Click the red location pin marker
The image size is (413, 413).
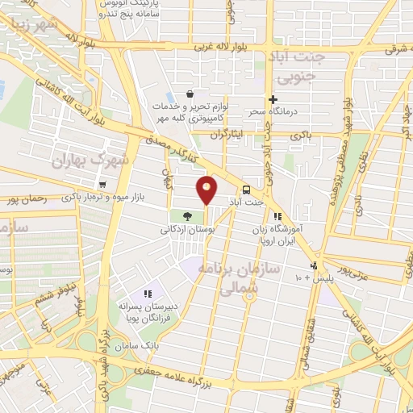(x=207, y=189)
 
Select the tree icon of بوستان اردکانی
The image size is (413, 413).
(x=187, y=216)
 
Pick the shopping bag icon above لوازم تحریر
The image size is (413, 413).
(x=189, y=94)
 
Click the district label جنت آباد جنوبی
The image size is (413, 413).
(x=299, y=69)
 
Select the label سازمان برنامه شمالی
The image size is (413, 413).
(x=246, y=275)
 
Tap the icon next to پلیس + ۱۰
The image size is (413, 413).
(x=313, y=266)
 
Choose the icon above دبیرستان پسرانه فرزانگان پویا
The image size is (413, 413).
(x=147, y=294)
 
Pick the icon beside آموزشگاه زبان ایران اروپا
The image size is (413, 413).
(x=277, y=216)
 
